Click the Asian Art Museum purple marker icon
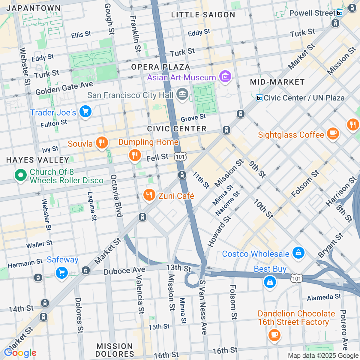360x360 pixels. pyautogui.click(x=225, y=77)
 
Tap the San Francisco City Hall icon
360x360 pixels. pyautogui.click(x=182, y=94)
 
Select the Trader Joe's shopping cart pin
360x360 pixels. pyautogui.click(x=85, y=112)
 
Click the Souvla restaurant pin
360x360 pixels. pyautogui.click(x=102, y=143)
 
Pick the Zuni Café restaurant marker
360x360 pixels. pyautogui.click(x=149, y=195)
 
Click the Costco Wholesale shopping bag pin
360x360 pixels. pyautogui.click(x=298, y=253)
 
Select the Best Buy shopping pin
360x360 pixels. pyautogui.click(x=270, y=282)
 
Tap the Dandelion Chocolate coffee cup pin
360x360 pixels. pyautogui.click(x=274, y=334)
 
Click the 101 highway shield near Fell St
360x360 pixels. pyautogui.click(x=181, y=157)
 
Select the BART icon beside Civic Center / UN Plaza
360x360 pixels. pyautogui.click(x=259, y=98)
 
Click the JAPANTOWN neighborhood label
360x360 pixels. pyautogui.click(x=33, y=8)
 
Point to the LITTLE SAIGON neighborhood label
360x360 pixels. pyautogui.click(x=203, y=15)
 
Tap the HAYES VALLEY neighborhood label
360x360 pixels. pyautogui.click(x=38, y=160)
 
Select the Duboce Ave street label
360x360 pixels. pyautogui.click(x=124, y=271)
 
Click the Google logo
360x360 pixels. pyautogui.click(x=20, y=353)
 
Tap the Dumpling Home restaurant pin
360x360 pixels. pyautogui.click(x=135, y=155)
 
